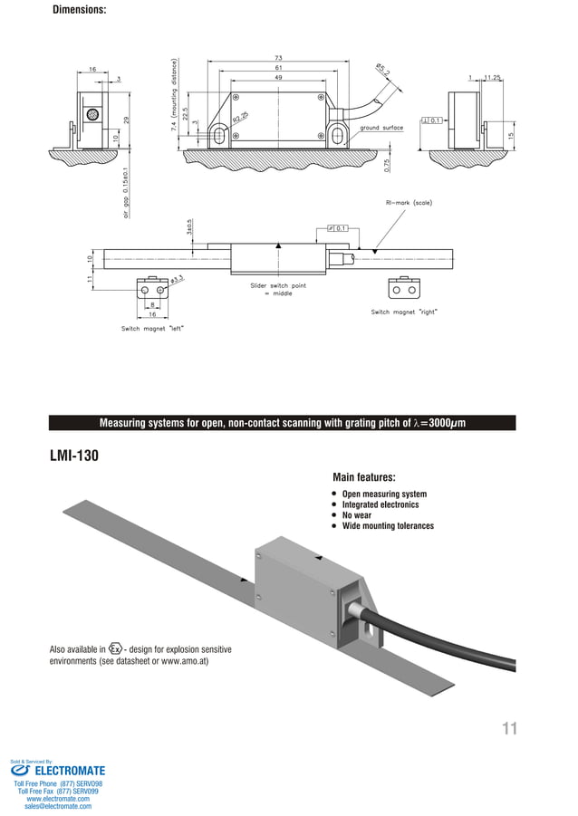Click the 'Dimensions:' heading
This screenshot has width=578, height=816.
coord(79,10)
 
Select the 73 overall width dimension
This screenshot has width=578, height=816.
coord(278,57)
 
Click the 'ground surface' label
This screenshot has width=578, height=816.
coord(381,128)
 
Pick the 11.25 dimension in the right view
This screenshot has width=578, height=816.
coord(493,78)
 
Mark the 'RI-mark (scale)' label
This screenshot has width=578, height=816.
coord(409,202)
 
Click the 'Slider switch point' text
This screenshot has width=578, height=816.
coord(278,285)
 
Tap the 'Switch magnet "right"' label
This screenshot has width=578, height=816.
coord(404,312)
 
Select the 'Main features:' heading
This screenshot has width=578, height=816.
coord(364,477)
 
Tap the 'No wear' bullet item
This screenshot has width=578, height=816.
coord(356,515)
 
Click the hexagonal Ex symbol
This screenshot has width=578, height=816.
coord(115,648)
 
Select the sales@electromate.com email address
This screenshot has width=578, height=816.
coord(58,805)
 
